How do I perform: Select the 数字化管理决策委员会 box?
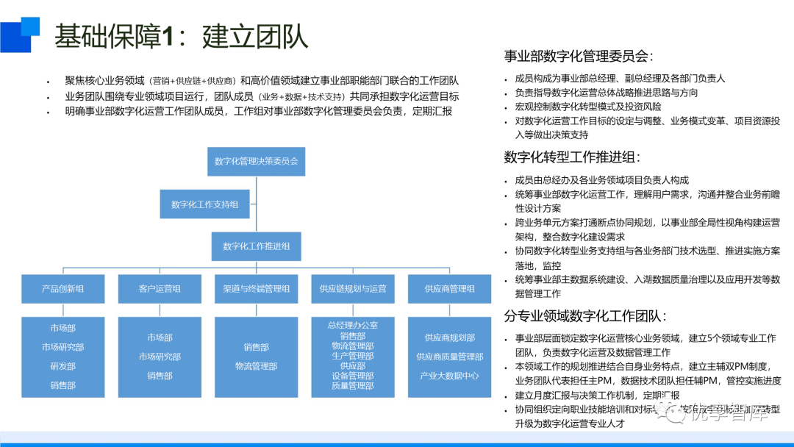[257, 161]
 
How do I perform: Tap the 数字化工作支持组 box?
[205, 204]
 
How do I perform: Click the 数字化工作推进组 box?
[257, 246]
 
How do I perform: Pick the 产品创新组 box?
[63, 289]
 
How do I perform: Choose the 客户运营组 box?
[160, 289]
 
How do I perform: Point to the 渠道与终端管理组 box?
[257, 289]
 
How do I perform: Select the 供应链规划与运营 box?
[353, 289]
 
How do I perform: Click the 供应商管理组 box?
[449, 289]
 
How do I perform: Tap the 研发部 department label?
[63, 366]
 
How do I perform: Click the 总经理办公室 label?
[353, 324]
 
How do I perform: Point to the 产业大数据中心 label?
[449, 376]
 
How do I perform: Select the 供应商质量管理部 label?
[449, 357]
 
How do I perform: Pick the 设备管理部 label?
[353, 376]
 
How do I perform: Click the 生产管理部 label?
[353, 356]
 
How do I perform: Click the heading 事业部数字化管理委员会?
[579, 57]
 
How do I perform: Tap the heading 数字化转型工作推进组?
[572, 157]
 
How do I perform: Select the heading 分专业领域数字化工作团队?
[585, 316]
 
